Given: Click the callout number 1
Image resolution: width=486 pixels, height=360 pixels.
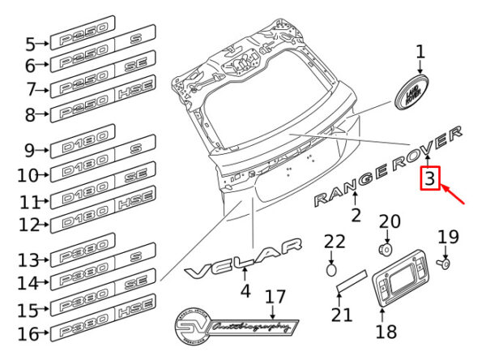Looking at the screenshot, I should (x=420, y=53).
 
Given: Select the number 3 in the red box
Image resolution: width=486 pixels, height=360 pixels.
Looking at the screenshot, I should (x=429, y=178).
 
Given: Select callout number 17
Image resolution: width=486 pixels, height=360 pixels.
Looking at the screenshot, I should (x=275, y=296).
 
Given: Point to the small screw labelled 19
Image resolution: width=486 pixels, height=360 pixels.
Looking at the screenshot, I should (x=446, y=263).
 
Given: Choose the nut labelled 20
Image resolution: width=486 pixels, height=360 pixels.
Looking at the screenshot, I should (x=388, y=246).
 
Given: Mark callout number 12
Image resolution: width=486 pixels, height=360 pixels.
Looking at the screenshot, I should (x=30, y=223).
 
